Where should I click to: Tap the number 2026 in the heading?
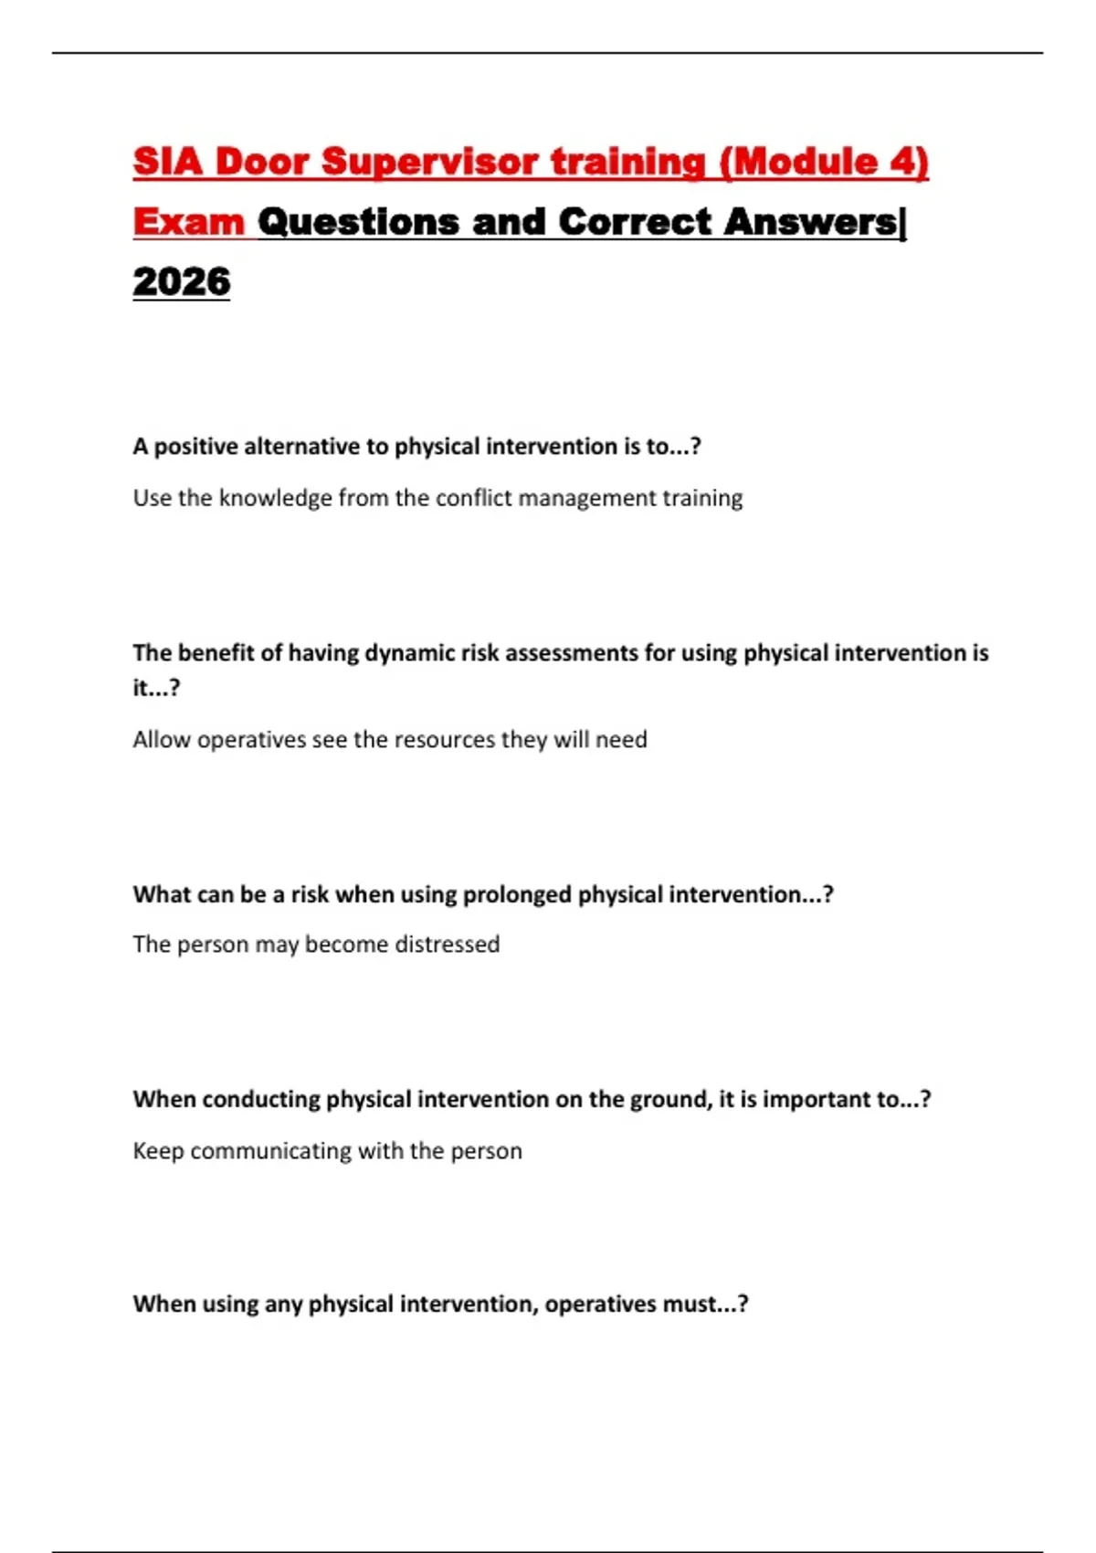click(x=181, y=282)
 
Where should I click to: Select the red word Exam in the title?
click(x=189, y=222)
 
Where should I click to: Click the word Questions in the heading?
click(x=358, y=222)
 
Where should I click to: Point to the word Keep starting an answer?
click(x=158, y=1151)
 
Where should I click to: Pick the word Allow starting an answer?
click(x=162, y=739)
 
